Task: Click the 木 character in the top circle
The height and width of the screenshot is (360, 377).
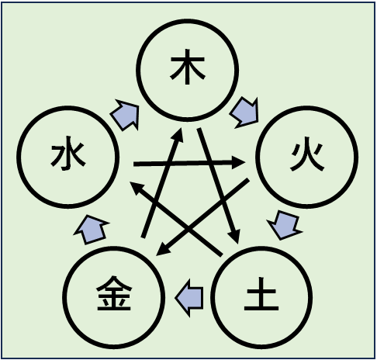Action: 188,67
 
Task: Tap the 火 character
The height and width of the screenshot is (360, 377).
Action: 307,157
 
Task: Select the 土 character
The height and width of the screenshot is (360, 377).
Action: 261,294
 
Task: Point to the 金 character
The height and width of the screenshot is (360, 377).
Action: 114,293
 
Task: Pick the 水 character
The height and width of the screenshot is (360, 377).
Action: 68,154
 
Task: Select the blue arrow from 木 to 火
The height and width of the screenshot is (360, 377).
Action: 244,112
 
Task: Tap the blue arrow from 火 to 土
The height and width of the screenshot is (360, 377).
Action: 285,225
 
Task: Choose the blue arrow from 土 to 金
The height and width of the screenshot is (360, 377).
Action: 189,298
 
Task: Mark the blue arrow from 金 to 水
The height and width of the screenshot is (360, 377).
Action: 92,230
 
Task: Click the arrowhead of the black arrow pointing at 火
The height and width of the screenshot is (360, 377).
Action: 238,162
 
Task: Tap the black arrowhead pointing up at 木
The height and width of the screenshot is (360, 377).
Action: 178,135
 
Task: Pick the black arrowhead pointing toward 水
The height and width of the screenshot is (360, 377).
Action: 137,187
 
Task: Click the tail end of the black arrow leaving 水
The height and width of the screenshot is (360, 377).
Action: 133,164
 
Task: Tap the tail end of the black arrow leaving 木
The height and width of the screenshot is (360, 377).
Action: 199,129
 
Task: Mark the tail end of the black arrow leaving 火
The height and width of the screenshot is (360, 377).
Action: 248,179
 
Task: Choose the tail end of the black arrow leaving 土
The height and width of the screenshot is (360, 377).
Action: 221,255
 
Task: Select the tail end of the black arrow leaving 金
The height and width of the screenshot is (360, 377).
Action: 143,237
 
